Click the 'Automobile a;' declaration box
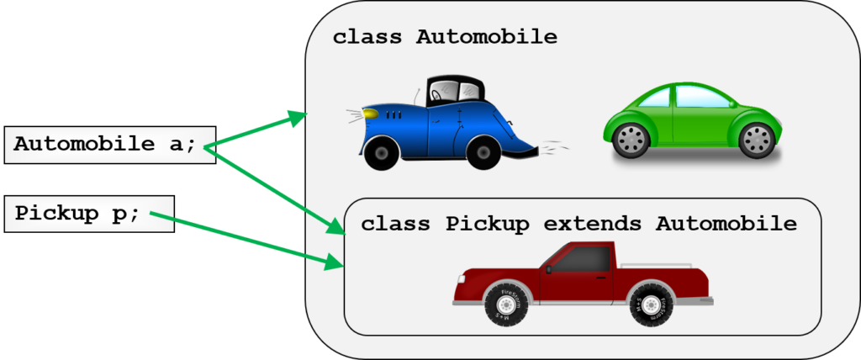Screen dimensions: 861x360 110,146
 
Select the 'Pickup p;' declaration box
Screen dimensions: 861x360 89,214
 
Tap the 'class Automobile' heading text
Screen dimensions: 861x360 445,37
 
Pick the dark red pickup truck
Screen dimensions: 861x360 583,283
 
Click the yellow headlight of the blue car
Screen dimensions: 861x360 371,114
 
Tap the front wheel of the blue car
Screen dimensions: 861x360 381,152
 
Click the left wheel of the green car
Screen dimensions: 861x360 631,140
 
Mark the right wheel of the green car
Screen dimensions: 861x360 757,140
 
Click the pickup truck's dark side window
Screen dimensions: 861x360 587,259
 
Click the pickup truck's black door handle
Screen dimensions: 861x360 603,278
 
